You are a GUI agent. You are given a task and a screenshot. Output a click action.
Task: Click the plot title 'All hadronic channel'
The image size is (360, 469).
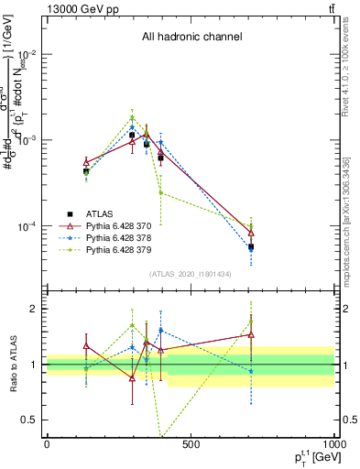(191, 37)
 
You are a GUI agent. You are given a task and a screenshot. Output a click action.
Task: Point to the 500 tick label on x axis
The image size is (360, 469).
(191, 444)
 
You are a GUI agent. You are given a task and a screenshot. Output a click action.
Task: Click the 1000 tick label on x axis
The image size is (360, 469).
(333, 444)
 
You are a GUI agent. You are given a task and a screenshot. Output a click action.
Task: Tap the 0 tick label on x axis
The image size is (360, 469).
(47, 444)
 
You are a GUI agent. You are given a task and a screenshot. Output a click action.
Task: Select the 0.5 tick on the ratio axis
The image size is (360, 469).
(30, 420)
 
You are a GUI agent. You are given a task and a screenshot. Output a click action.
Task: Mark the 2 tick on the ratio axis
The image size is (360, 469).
(35, 309)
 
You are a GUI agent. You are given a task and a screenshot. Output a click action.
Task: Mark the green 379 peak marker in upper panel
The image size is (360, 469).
(132, 117)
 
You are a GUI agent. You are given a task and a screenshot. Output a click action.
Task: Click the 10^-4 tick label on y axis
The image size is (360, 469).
(27, 226)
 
